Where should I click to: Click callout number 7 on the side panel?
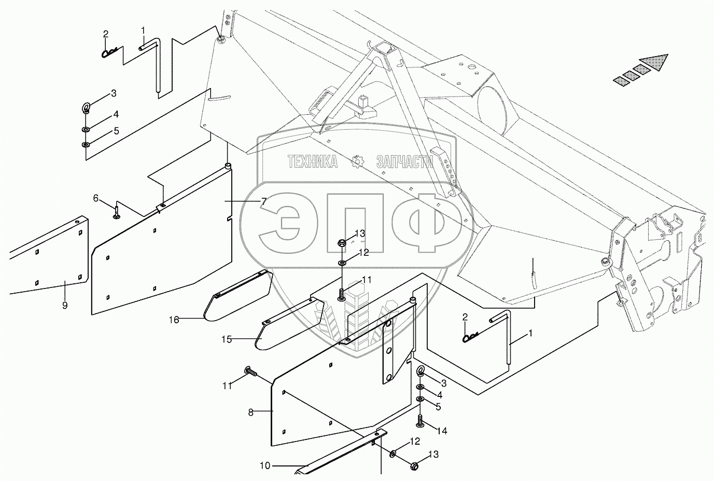coord(264,201)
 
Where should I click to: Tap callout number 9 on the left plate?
coord(65,306)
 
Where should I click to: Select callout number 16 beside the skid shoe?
coord(174,320)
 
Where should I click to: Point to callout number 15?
coord(227,339)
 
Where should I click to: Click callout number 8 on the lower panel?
coord(250,413)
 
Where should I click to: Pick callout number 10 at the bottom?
coord(265,466)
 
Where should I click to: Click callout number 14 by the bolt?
coord(442,431)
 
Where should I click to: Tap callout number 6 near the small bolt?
coord(96,198)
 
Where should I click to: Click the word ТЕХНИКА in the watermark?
coord(313,162)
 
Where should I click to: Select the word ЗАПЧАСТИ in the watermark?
coord(405,162)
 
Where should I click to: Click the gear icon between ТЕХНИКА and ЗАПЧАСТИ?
coord(357,162)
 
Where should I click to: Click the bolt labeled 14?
coord(420,421)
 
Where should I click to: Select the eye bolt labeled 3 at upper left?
coord(86,108)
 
